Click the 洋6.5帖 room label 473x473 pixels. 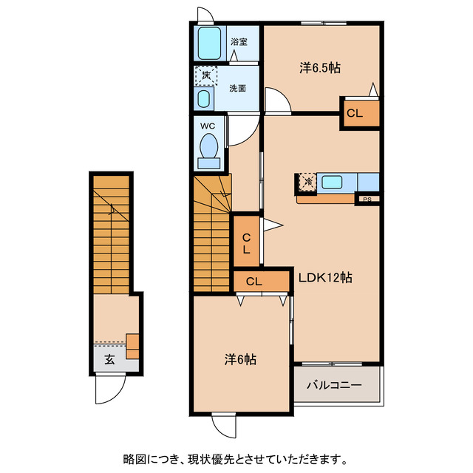point(320,67)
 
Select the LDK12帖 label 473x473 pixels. point(324,278)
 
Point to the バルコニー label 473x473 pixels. point(334,386)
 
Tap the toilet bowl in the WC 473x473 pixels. point(209,147)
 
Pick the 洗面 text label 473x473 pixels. point(237,88)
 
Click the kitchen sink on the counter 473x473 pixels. point(331,182)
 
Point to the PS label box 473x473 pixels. point(367,199)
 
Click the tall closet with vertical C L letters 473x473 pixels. point(245,242)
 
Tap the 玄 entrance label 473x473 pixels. point(109,360)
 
